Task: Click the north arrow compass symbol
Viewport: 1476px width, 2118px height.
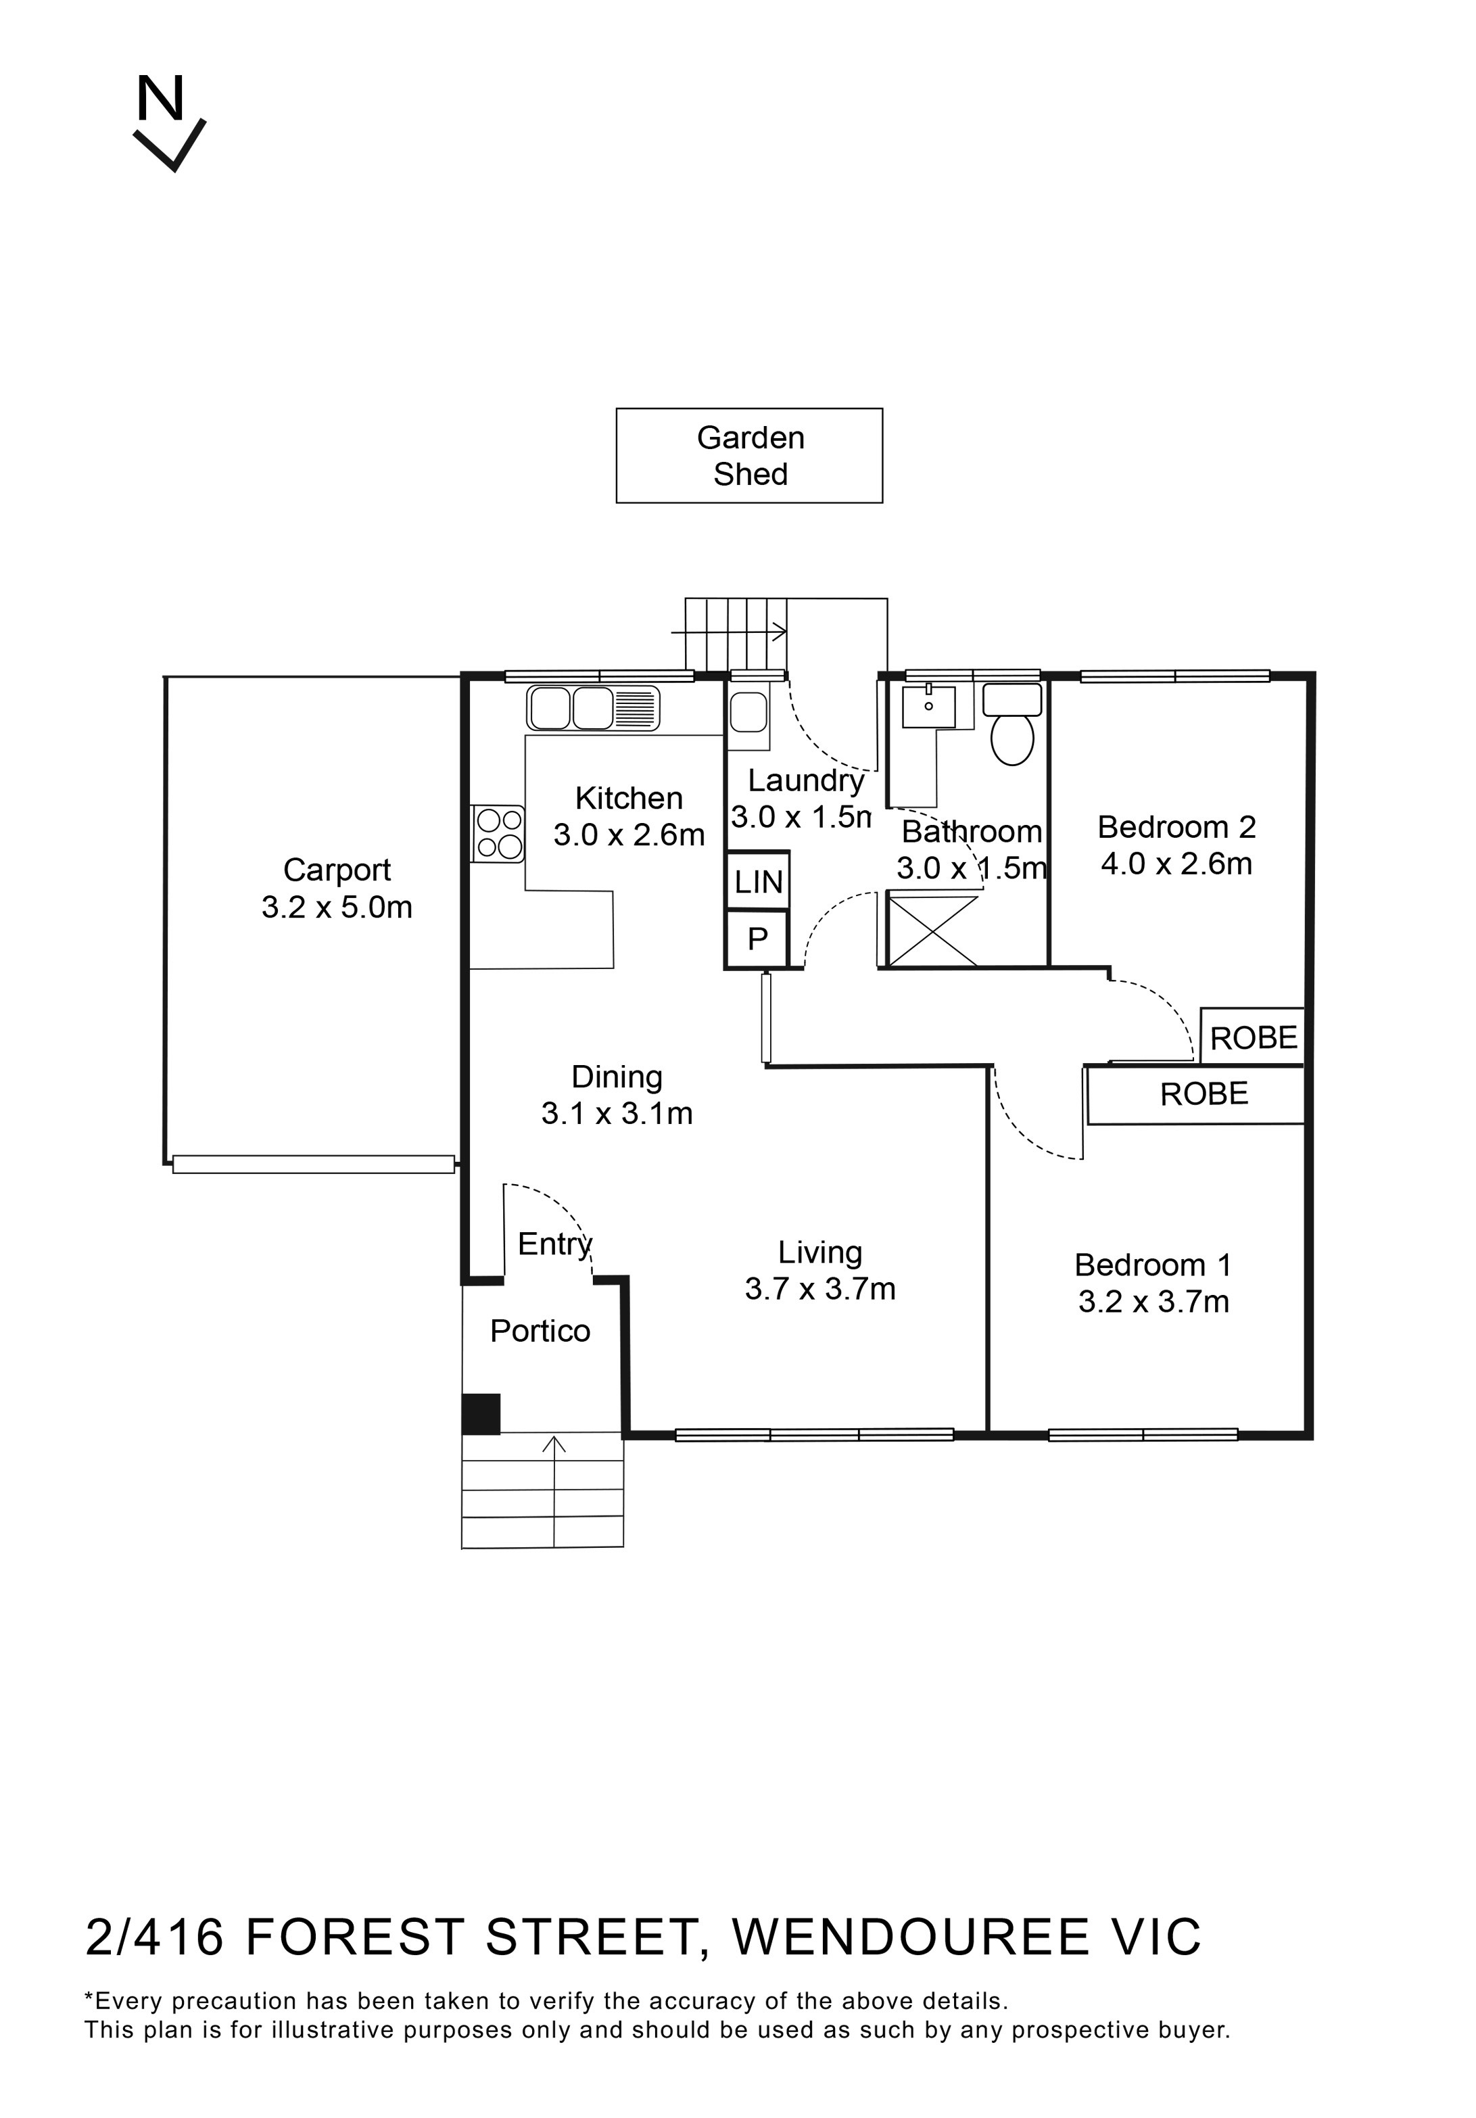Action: point(169,124)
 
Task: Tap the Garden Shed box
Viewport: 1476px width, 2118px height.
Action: point(749,456)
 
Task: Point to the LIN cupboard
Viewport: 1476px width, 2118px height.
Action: point(757,882)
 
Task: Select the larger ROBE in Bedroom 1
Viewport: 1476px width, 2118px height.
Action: point(1203,1094)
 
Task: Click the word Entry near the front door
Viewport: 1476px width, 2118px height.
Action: point(554,1244)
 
